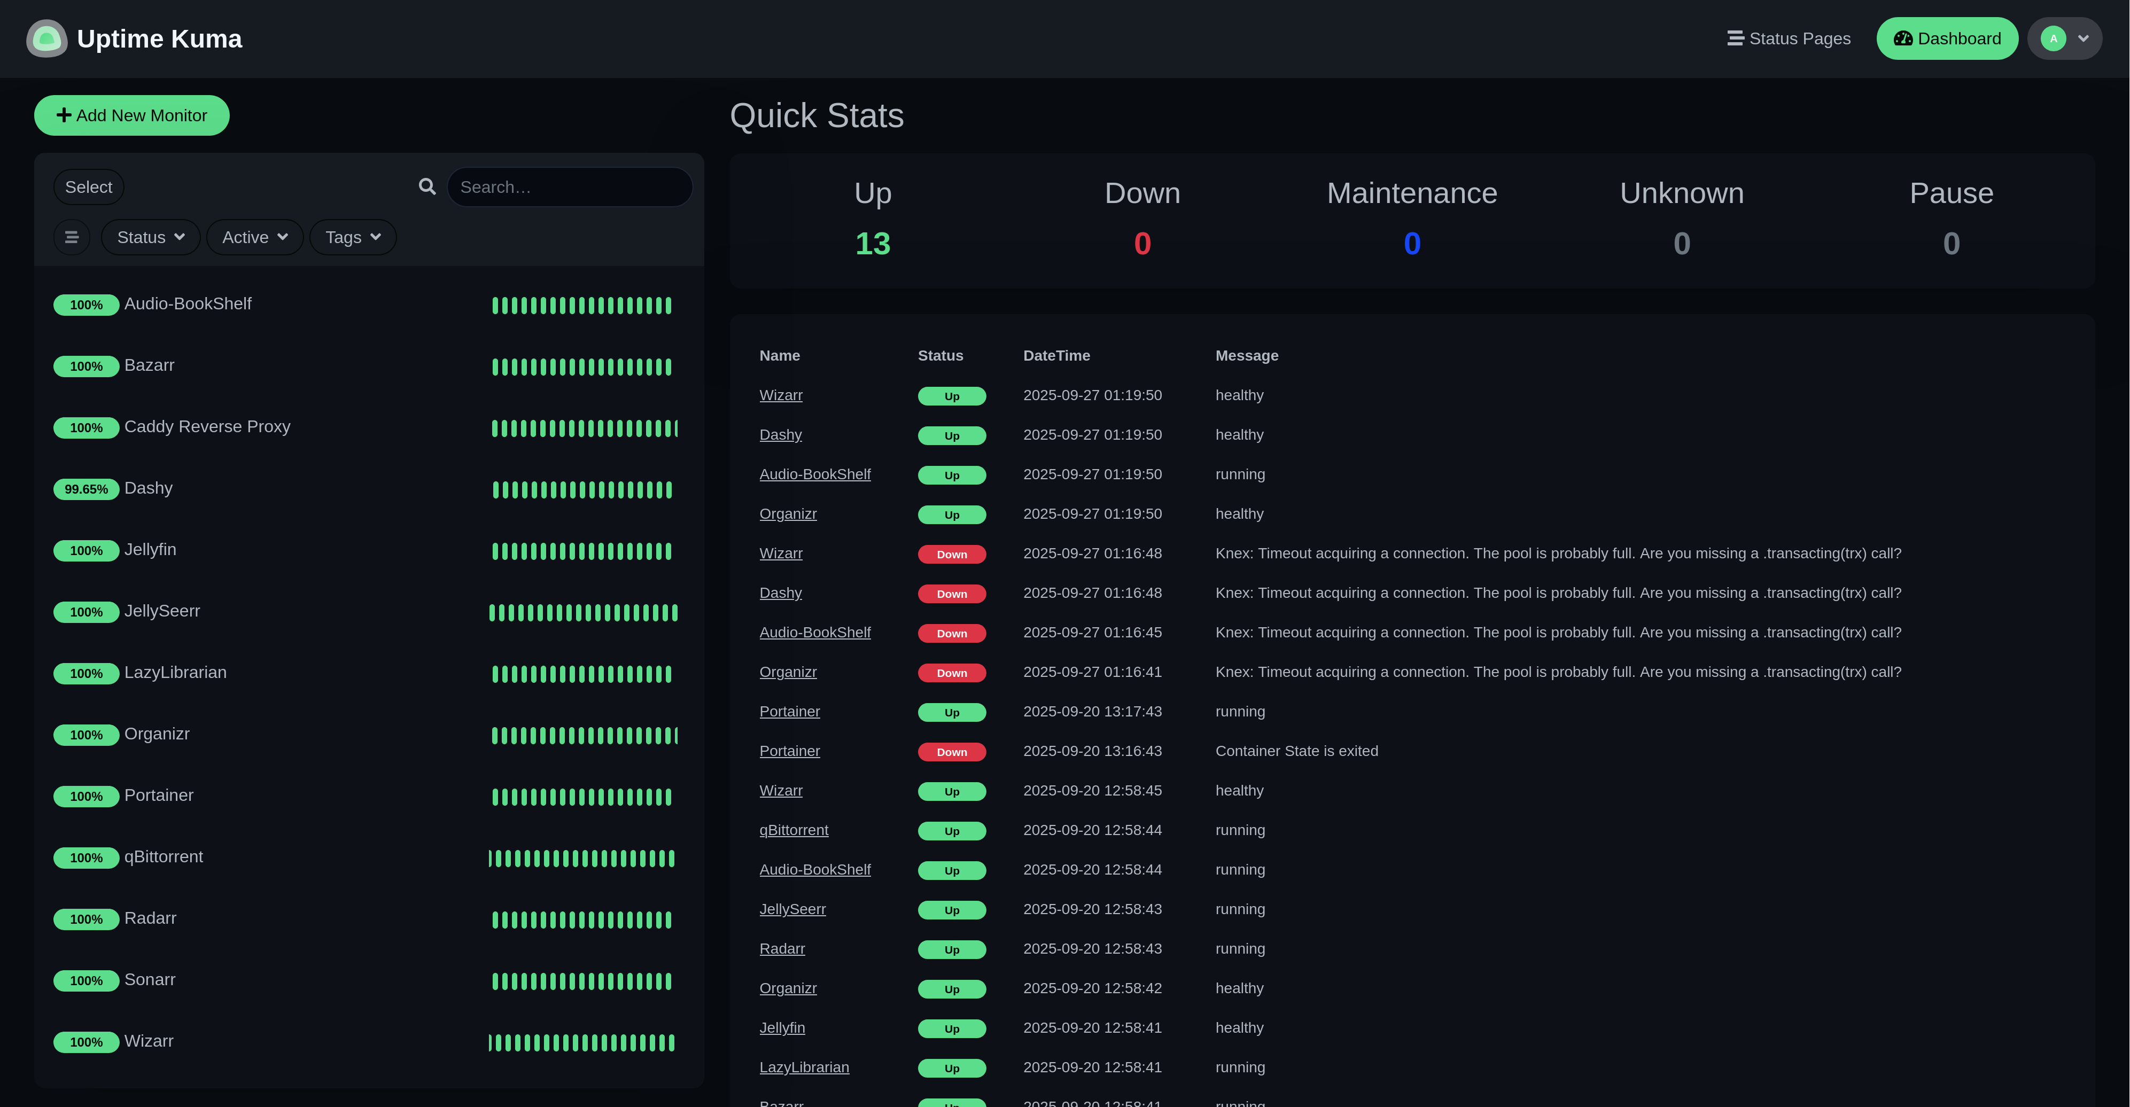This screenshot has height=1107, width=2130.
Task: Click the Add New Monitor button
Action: click(x=131, y=116)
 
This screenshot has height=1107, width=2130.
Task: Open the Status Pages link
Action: click(x=1789, y=39)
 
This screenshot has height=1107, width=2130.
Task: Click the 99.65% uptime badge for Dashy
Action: click(x=86, y=489)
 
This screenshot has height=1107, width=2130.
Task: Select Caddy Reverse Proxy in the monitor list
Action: click(x=207, y=426)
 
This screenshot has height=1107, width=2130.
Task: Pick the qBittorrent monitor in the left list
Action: click(x=163, y=856)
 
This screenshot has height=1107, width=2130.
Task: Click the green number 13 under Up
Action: click(x=872, y=244)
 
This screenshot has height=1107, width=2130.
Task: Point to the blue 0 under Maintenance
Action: click(x=1411, y=244)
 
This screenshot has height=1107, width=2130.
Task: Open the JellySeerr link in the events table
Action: click(x=792, y=909)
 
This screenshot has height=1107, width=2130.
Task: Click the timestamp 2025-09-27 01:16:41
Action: click(x=1092, y=672)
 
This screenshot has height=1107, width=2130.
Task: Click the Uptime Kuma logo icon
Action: click(x=46, y=39)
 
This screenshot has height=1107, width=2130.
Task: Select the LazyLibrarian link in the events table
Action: click(x=804, y=1067)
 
